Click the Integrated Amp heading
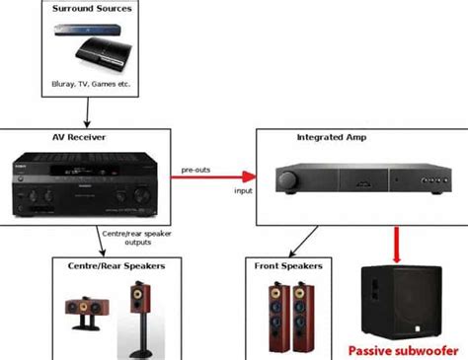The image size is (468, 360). click(x=331, y=136)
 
